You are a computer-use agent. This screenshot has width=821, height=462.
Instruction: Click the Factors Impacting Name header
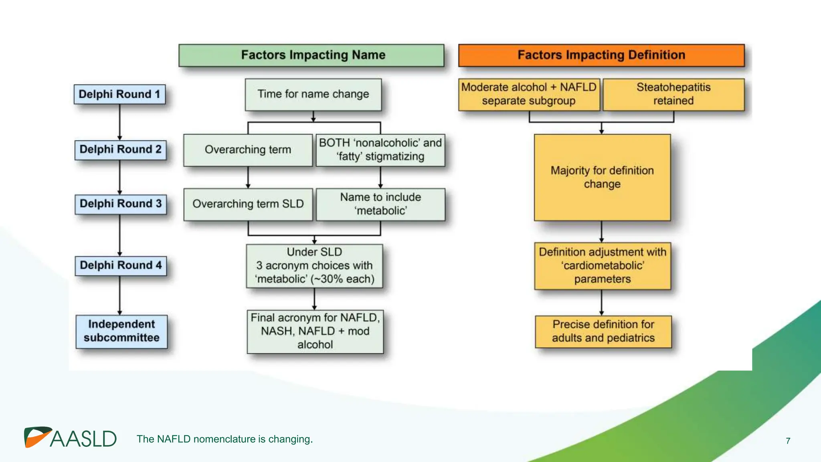(311, 55)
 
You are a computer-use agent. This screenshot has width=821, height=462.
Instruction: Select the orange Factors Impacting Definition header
(601, 55)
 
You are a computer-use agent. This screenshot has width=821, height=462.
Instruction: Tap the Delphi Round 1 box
(119, 94)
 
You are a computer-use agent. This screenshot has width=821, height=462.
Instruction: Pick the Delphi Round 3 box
(121, 204)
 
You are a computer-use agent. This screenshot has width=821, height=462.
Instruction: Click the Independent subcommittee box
(121, 331)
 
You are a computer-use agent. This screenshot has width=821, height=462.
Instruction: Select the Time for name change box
(313, 94)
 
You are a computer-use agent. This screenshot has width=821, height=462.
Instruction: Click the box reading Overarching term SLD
(248, 204)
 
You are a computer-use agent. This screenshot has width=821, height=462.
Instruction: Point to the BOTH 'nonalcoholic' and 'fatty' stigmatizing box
(380, 150)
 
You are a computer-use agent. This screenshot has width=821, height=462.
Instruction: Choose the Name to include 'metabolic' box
(380, 204)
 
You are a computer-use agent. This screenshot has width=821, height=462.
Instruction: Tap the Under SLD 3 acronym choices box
(314, 265)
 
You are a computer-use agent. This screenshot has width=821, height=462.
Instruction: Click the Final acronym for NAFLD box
(315, 331)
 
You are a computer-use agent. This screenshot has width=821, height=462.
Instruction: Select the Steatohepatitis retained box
(673, 94)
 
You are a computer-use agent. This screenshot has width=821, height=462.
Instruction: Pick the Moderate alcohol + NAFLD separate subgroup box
(529, 94)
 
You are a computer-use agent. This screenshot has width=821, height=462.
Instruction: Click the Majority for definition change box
(602, 177)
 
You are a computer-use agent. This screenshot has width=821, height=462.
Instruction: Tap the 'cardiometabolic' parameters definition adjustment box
(602, 265)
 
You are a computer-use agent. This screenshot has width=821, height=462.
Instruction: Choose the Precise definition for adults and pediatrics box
(603, 331)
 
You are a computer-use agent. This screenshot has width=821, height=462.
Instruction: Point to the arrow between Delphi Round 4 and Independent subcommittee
(119, 295)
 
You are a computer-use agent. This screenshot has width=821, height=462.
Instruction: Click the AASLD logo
(71, 438)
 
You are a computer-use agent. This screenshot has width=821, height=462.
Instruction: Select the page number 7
(788, 441)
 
